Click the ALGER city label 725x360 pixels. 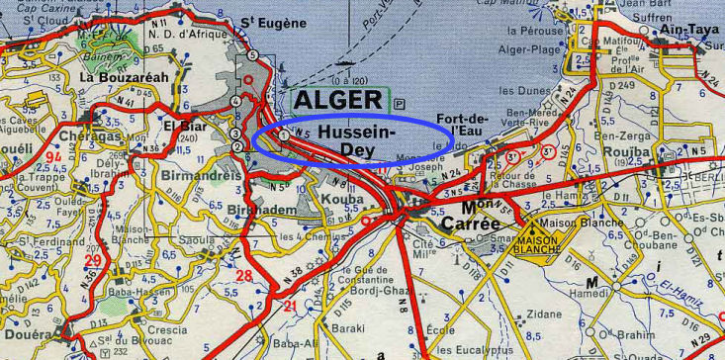coord(337,100)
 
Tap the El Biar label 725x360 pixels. coord(184,126)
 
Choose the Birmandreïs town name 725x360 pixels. coord(207,175)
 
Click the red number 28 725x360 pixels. coord(243,274)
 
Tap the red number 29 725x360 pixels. coord(95,261)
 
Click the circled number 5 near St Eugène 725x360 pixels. coord(253,55)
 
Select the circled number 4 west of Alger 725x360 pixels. coord(235,101)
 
